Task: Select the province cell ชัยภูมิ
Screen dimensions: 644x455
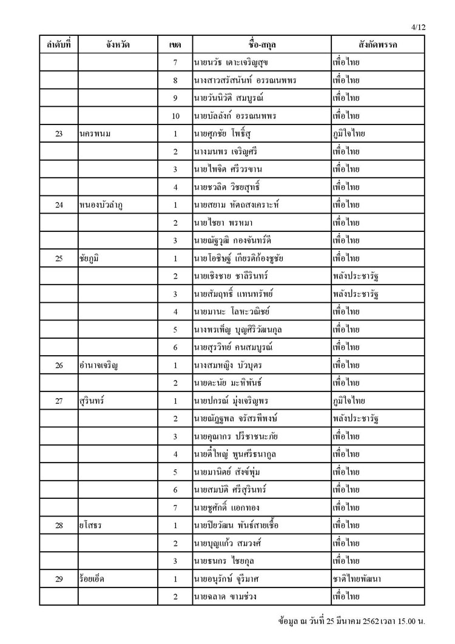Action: click(x=89, y=259)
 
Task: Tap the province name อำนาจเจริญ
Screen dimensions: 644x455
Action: click(x=98, y=366)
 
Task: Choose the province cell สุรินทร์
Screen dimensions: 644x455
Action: click(x=90, y=401)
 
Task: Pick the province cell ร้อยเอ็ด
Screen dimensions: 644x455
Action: click(x=92, y=579)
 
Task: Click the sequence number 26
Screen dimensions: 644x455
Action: click(x=59, y=366)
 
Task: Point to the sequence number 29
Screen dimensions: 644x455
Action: click(x=59, y=579)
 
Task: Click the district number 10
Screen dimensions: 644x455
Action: click(x=175, y=115)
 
